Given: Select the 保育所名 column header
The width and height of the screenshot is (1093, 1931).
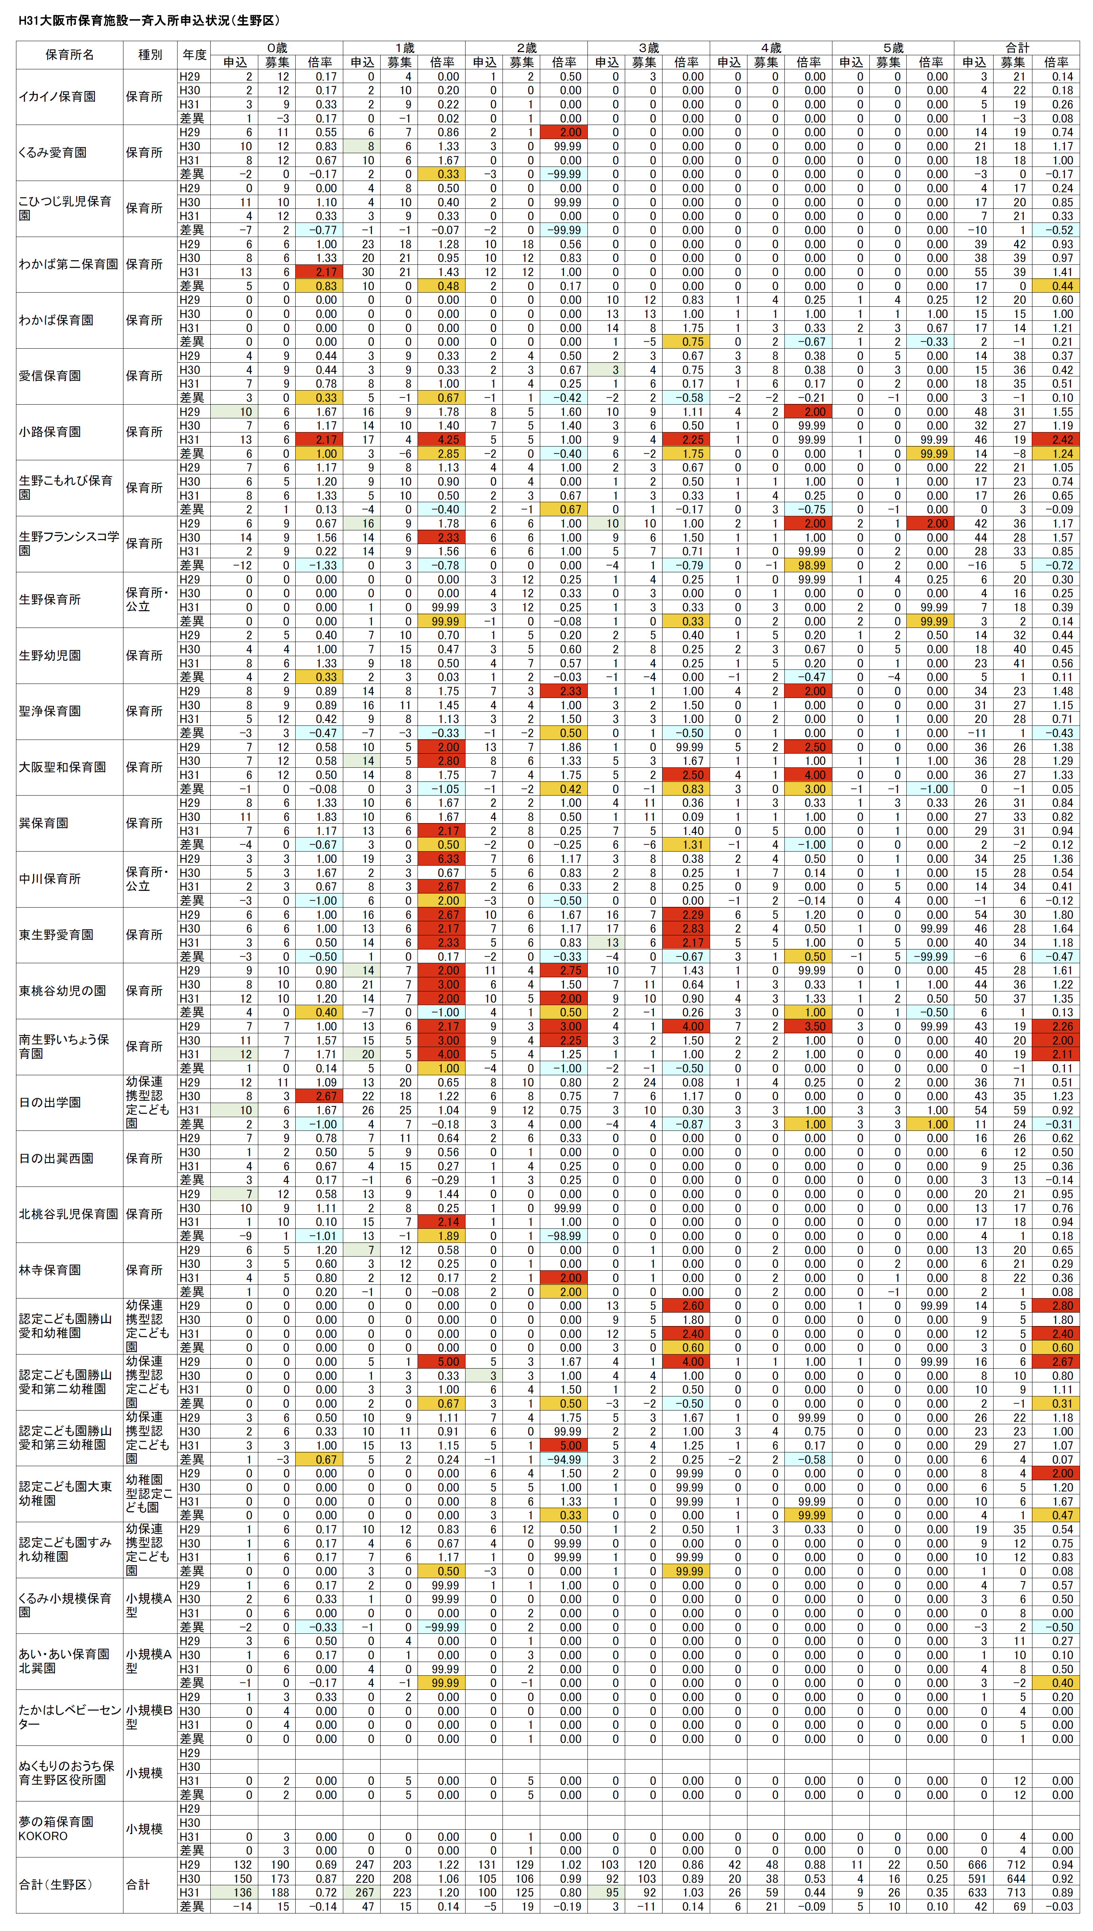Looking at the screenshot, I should (69, 55).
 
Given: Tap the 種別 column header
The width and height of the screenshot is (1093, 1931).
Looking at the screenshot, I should (150, 55).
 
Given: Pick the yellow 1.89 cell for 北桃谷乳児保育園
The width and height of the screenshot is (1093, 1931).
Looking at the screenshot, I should (447, 1236).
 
